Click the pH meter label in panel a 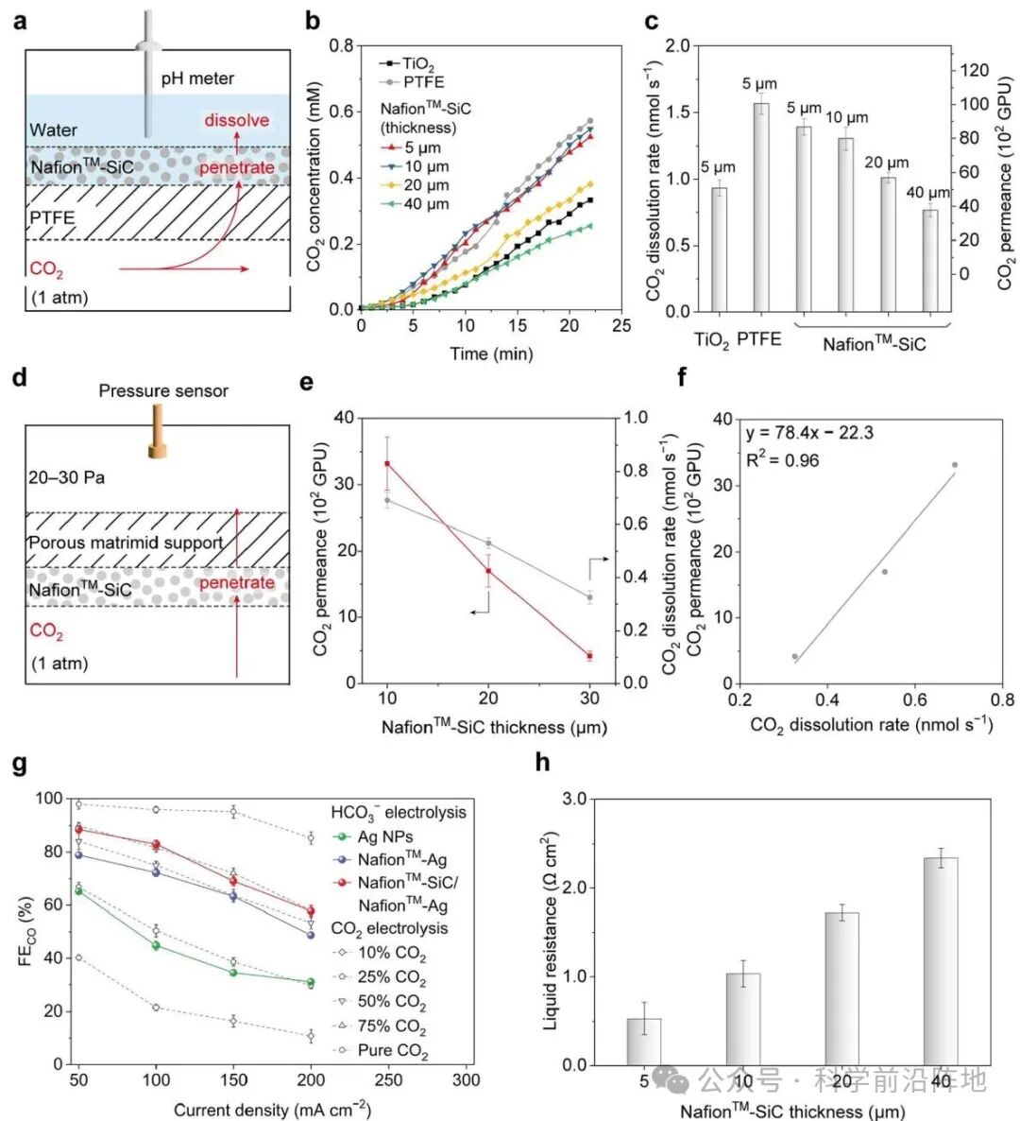[197, 78]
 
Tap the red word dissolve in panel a [237, 120]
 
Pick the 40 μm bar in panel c [929, 261]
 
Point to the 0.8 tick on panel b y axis [342, 45]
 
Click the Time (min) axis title [491, 354]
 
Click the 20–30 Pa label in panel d [67, 477]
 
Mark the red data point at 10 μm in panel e [387, 463]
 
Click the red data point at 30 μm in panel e [589, 656]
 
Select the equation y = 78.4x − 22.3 [808, 434]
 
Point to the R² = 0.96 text [782, 460]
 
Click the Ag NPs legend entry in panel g [373, 836]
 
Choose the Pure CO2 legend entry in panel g [382, 1051]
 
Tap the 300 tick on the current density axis [466, 1080]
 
